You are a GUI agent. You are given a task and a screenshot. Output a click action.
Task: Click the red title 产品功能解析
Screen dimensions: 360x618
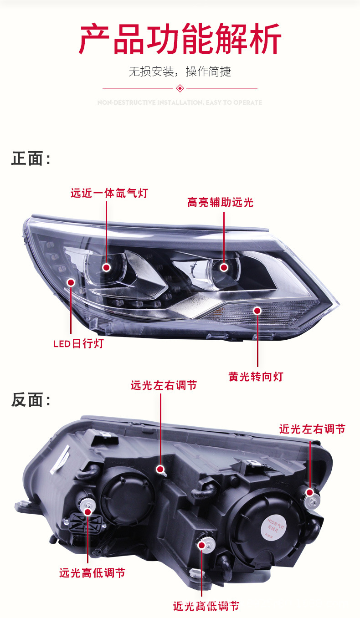(180, 40)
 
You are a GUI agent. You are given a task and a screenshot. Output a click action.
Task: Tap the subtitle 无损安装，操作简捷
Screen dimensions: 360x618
(180, 72)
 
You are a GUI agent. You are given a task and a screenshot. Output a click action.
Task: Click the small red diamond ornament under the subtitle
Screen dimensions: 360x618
(180, 88)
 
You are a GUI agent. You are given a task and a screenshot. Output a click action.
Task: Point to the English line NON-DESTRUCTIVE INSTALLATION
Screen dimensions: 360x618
(180, 103)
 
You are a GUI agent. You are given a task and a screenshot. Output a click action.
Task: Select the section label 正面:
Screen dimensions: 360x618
(31, 159)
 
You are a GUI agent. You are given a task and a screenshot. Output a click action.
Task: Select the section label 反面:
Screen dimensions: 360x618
(31, 400)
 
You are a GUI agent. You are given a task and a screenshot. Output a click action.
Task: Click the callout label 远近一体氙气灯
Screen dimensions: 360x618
(109, 193)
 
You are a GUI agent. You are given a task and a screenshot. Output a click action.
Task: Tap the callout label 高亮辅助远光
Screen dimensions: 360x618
(220, 202)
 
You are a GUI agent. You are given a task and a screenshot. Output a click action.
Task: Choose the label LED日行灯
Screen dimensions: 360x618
(78, 343)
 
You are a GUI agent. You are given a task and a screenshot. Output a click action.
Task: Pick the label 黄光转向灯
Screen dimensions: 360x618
(256, 377)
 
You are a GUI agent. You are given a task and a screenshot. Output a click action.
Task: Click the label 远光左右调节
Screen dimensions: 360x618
(164, 385)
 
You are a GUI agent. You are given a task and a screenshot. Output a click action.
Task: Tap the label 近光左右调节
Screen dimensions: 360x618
(312, 429)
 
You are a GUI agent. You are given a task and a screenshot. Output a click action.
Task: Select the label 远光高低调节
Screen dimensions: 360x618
(92, 573)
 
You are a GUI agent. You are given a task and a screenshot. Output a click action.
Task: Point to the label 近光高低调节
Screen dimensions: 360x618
(206, 606)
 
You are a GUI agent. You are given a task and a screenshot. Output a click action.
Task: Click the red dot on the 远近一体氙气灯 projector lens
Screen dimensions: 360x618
(107, 267)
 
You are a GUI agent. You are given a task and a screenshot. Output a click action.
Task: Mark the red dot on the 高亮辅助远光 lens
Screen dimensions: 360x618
(224, 267)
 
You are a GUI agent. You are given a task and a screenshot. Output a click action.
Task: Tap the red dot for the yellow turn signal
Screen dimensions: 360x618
(257, 311)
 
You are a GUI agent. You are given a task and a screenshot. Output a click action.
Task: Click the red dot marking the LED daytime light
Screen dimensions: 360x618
(71, 282)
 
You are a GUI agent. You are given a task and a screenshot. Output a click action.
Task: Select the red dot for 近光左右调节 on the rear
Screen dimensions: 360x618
(310, 492)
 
